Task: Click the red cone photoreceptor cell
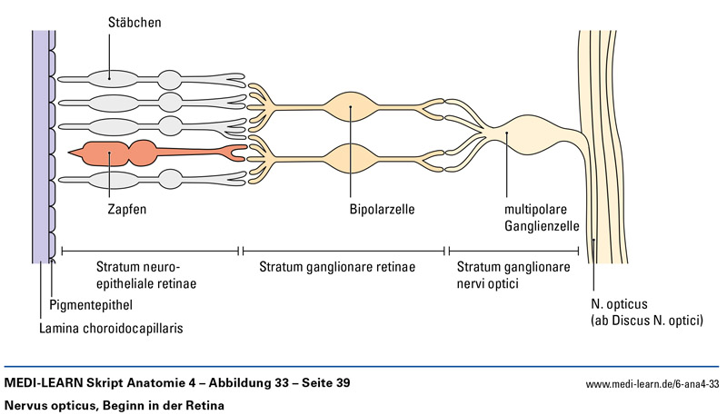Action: tap(136, 151)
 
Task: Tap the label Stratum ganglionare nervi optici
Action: tap(513, 275)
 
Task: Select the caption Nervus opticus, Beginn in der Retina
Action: tap(114, 405)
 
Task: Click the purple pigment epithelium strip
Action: tap(41, 145)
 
